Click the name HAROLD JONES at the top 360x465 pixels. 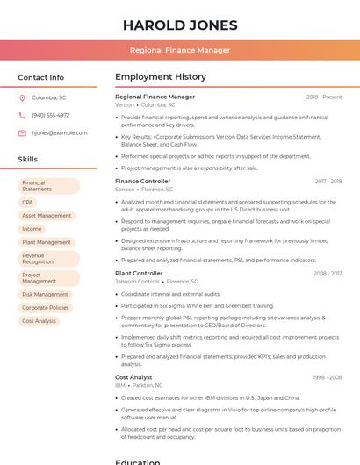click(180, 25)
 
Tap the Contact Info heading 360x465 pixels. click(41, 77)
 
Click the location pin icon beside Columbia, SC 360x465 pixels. click(22, 98)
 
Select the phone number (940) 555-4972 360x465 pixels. click(50, 116)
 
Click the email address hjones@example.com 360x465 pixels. click(59, 133)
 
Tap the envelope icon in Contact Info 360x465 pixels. click(22, 133)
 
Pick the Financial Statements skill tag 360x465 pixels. click(48, 186)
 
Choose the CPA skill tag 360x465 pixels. click(28, 203)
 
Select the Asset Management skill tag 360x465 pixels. click(47, 216)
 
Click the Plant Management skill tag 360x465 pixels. click(47, 242)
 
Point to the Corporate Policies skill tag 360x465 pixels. click(46, 308)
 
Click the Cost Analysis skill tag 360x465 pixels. click(39, 321)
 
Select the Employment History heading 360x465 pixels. click(161, 77)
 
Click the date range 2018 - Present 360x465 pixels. click(324, 97)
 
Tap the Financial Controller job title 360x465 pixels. click(142, 182)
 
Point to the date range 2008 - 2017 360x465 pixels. click(328, 274)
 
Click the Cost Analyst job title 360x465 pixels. click(133, 377)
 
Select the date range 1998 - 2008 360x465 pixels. click(328, 377)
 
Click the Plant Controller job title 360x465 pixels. click(139, 274)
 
